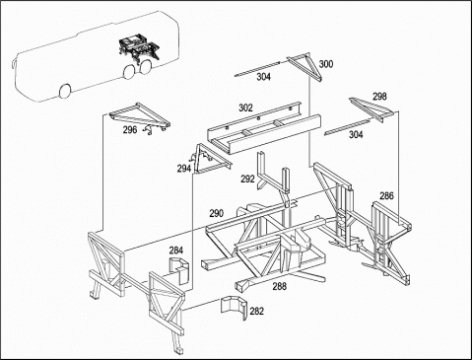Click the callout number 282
pos(256,311)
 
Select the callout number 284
pos(176,251)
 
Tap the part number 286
pos(386,196)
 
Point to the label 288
pos(279,286)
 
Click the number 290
pos(217,213)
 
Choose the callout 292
pos(247,179)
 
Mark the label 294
pos(184,169)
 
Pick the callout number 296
pos(130,130)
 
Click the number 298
pos(379,97)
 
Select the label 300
pos(326,64)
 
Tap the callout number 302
pos(245,108)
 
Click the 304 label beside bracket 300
pos(264,77)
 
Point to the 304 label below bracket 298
pos(356,134)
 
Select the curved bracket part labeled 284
pos(179,268)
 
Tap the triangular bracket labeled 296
pos(142,115)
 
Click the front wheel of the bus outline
pos(65,91)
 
